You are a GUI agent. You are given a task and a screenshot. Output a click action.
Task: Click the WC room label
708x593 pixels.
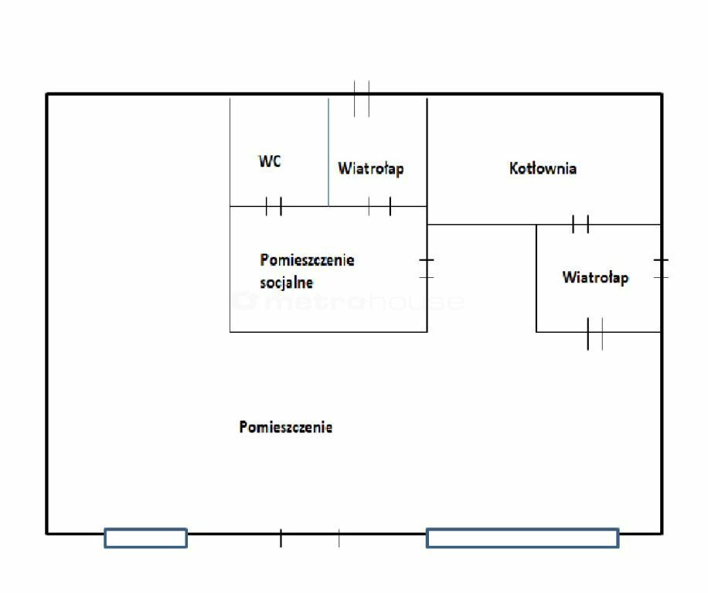tap(270, 161)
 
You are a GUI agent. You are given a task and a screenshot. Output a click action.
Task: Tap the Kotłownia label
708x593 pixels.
tap(543, 168)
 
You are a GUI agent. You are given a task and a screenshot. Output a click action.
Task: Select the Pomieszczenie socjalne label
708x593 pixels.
tap(307, 270)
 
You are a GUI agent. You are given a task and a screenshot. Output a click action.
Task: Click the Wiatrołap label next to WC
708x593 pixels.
tap(370, 168)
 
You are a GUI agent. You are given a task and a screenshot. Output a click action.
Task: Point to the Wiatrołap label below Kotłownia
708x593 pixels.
tap(595, 277)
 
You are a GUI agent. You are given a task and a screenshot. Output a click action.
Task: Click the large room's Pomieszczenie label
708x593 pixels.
tap(286, 427)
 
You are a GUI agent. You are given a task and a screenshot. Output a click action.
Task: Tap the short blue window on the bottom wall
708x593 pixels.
tap(145, 537)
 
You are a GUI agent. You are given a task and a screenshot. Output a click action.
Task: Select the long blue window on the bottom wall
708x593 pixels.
tap(522, 537)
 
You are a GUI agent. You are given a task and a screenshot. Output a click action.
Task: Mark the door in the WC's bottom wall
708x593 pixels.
tap(274, 206)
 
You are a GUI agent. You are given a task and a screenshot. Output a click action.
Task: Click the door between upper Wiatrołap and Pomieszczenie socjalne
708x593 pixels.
tap(380, 206)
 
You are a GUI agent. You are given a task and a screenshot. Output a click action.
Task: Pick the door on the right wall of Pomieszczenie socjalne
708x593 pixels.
tap(427, 268)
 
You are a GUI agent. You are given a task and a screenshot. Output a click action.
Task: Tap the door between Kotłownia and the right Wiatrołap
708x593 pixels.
tap(580, 225)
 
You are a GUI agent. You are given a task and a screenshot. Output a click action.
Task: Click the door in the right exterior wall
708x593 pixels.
tap(661, 268)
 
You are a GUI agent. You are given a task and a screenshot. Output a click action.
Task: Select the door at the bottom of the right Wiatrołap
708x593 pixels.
tap(594, 333)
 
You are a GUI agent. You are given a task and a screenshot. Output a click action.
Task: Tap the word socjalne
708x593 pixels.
tap(287, 283)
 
